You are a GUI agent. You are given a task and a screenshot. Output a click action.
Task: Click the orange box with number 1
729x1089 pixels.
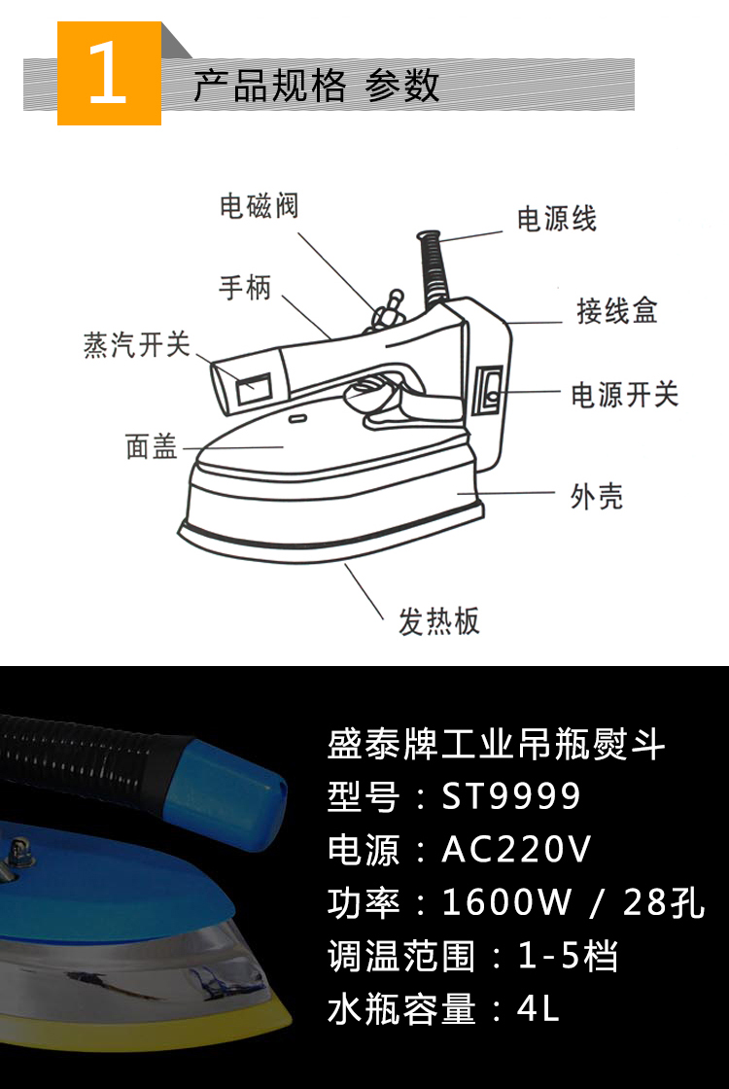coord(109,74)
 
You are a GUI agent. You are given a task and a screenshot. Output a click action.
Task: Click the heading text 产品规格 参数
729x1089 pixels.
coord(316,86)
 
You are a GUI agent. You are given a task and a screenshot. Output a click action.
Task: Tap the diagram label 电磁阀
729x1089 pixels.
coord(258,206)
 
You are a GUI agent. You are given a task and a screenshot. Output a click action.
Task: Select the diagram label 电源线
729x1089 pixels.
coord(556,219)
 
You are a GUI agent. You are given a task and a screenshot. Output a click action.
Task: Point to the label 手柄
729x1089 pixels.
coord(244,288)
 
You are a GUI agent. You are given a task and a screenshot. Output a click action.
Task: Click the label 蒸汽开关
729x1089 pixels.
coord(136,345)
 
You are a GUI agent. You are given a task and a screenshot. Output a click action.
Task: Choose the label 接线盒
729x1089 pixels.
coord(616,311)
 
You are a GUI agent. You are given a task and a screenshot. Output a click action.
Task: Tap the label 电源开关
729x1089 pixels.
coord(623,395)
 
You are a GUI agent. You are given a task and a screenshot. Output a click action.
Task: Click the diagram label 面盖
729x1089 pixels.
coord(152,446)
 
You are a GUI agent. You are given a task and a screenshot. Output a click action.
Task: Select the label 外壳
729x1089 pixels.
coord(596,497)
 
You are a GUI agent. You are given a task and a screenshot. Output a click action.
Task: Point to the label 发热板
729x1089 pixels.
coord(438,621)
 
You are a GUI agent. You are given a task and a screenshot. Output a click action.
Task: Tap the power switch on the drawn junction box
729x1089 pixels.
coord(490,388)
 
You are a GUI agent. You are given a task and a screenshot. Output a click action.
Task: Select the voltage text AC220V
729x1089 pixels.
coord(516,850)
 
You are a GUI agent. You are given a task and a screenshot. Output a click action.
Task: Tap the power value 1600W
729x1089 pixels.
coord(506,902)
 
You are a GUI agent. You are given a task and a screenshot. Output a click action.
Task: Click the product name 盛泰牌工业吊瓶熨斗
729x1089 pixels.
coord(496,746)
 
